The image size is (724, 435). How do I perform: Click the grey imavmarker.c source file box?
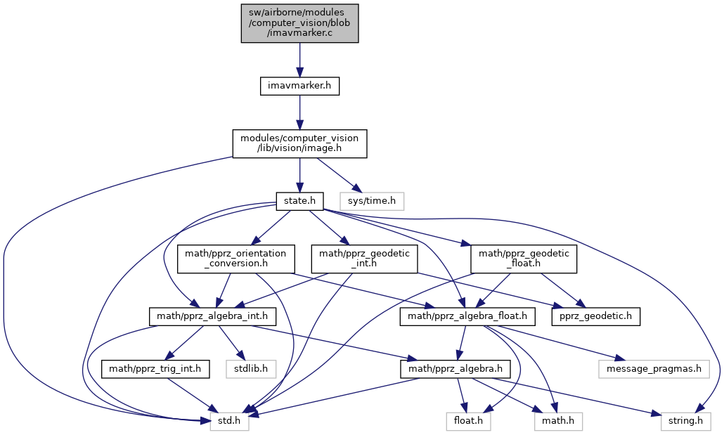pos(299,24)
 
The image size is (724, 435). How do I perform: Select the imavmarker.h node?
pos(299,86)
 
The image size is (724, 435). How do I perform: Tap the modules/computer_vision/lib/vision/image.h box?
pos(299,143)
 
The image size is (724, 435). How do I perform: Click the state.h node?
pos(299,202)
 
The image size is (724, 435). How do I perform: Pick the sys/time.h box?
pos(372,202)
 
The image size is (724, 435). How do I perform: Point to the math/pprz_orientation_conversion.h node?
pos(235,259)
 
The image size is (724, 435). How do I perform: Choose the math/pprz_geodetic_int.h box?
pos(364,259)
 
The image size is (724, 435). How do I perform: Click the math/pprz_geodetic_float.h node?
pos(524,259)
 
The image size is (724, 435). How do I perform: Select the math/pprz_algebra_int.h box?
pos(212,317)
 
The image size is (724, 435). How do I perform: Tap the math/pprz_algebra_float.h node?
pos(467,317)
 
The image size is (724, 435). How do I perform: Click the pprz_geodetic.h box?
pos(595,317)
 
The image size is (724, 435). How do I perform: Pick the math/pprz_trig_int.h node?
pos(155,369)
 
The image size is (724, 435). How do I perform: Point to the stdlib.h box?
pos(251,369)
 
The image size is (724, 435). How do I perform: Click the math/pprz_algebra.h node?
pos(455,369)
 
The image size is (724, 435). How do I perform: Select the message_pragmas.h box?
pos(653,369)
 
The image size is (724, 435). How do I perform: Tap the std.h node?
pos(229,422)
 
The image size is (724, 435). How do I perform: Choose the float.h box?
pos(468,422)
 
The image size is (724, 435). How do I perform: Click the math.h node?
pos(558,422)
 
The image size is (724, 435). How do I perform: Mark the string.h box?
pos(686,422)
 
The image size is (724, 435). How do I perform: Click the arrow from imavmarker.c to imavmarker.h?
pos(299,60)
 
